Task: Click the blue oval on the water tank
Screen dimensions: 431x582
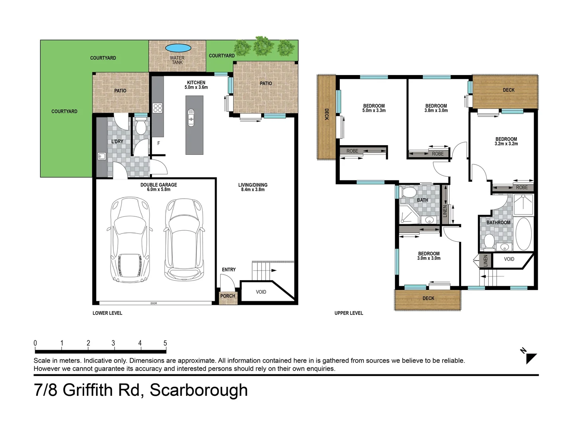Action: [178, 48]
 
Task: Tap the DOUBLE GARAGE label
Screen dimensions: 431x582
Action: [158, 185]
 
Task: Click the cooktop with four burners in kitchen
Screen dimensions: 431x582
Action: [158, 108]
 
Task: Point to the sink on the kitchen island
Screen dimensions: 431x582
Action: [191, 118]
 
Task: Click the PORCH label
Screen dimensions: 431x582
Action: [228, 296]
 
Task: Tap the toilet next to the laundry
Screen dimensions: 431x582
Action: [140, 127]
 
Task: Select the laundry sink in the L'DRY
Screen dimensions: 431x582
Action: [101, 156]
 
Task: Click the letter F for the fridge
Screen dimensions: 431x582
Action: [159, 143]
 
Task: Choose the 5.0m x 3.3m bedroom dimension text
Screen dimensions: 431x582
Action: [374, 111]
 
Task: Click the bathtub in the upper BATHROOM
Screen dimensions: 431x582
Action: [523, 233]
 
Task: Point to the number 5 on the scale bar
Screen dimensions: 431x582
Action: [165, 343]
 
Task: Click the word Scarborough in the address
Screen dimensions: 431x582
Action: [199, 390]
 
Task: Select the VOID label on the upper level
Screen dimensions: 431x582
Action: [509, 259]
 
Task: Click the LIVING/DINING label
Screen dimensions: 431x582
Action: [253, 185]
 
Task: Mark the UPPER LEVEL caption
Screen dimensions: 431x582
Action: [349, 313]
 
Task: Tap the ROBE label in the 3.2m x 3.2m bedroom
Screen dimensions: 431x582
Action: [521, 188]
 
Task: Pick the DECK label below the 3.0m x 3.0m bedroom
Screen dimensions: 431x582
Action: [428, 299]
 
